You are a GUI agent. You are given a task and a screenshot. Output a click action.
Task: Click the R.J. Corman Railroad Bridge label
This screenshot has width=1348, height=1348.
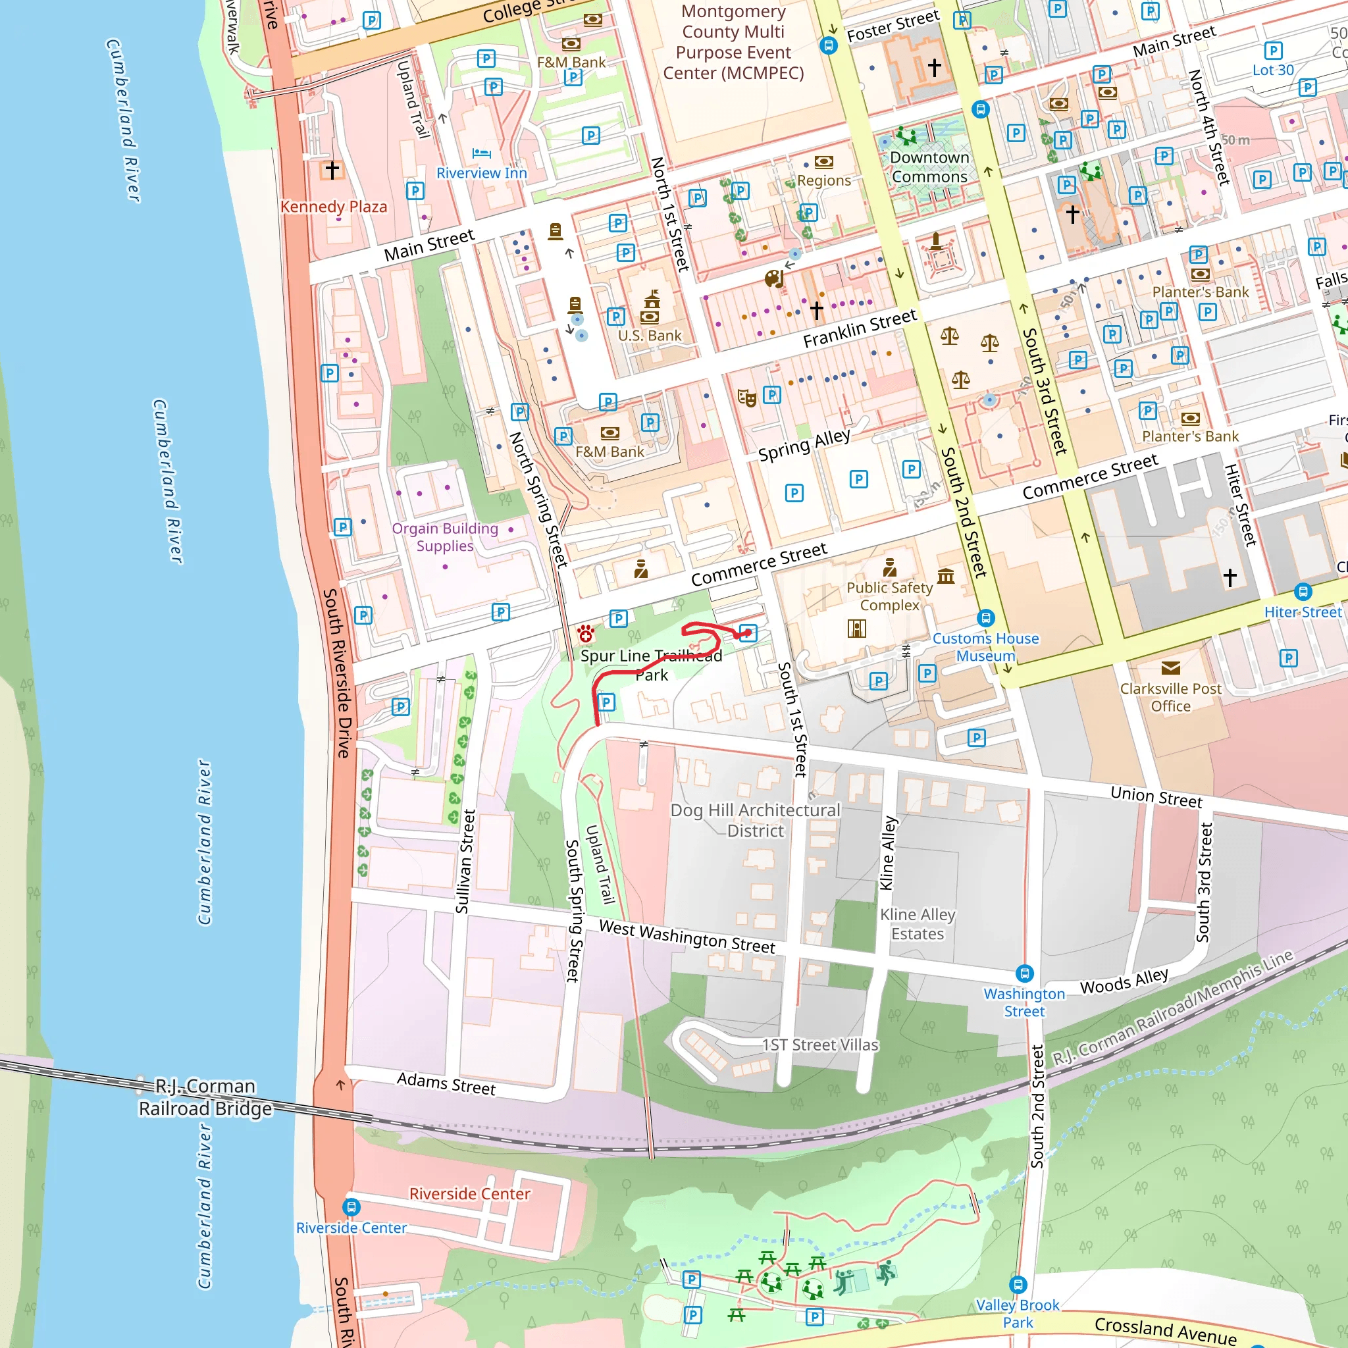(x=205, y=1097)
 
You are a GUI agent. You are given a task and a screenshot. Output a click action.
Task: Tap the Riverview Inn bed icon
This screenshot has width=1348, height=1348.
(x=481, y=153)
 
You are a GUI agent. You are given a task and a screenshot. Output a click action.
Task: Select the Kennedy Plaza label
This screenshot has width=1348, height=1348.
(x=334, y=207)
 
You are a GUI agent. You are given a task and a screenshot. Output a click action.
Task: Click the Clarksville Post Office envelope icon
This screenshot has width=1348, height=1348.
(x=1171, y=667)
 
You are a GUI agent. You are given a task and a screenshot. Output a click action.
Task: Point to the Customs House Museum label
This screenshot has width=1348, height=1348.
(x=985, y=647)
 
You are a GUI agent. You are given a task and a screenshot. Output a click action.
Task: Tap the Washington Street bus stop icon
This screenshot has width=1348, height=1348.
(x=1024, y=973)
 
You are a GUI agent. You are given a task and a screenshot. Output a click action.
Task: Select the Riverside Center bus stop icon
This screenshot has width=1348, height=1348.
(x=351, y=1206)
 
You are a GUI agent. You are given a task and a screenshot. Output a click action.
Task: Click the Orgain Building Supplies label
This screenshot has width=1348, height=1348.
(x=445, y=537)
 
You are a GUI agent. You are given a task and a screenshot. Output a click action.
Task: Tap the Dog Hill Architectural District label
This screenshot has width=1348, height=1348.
(x=755, y=820)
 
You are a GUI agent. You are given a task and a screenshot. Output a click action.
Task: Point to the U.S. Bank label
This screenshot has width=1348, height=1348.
(x=650, y=336)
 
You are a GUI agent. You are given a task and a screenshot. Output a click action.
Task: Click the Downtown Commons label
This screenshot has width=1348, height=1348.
(x=929, y=167)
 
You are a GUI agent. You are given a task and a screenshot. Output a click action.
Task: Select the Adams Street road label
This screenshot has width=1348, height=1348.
(x=446, y=1083)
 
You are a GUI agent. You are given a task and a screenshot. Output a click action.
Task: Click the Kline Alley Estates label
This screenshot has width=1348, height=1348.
(x=918, y=923)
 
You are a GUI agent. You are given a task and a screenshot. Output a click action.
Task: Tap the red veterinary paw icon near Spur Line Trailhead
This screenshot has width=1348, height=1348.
(x=586, y=634)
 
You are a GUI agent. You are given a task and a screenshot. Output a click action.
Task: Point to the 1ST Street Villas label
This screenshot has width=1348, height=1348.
(x=820, y=1045)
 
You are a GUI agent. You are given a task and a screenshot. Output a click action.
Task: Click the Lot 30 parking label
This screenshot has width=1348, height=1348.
(x=1273, y=70)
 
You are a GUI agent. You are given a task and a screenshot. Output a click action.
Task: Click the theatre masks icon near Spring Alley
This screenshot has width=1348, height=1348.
(x=746, y=398)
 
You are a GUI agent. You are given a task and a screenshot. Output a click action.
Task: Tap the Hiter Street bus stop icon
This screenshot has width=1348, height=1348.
(x=1303, y=592)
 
